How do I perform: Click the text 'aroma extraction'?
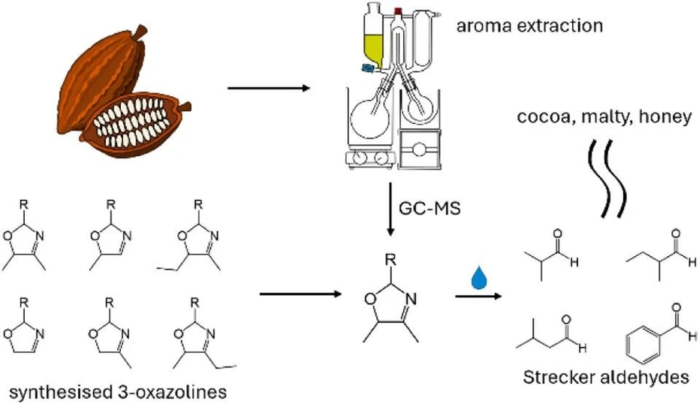point(539,26)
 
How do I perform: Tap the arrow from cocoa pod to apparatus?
point(268,89)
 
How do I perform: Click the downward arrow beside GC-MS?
point(392,206)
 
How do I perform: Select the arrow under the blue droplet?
point(478,297)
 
